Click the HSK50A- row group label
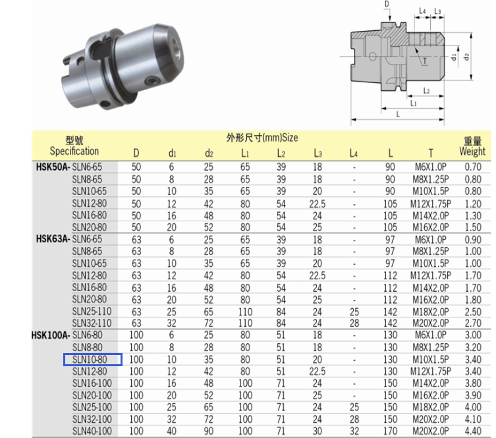click(53, 167)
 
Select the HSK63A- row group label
click(53, 239)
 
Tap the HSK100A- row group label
click(51, 335)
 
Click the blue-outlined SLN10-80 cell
click(93, 360)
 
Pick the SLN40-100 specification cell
click(92, 431)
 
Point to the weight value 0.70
click(473, 167)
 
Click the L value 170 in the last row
click(390, 431)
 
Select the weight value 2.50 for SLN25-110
click(473, 312)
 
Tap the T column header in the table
click(431, 153)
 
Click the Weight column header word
click(472, 151)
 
